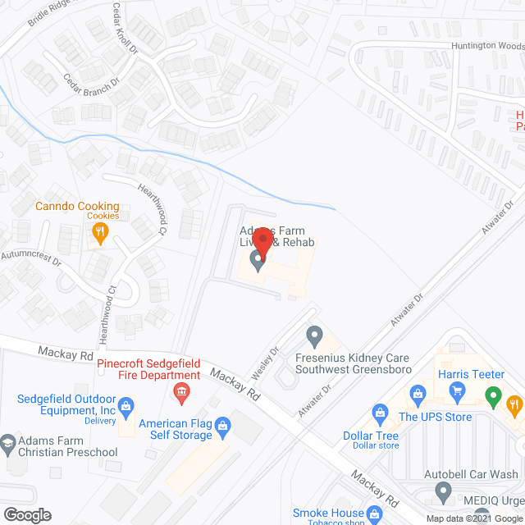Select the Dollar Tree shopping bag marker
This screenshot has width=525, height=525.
point(380,410)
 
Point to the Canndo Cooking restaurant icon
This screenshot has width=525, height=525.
point(99,235)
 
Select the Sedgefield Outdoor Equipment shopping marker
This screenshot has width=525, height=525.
point(126,404)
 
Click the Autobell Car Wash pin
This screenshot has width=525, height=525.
point(443,492)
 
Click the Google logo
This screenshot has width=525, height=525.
point(26,515)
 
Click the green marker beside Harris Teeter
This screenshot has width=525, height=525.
point(493,398)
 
